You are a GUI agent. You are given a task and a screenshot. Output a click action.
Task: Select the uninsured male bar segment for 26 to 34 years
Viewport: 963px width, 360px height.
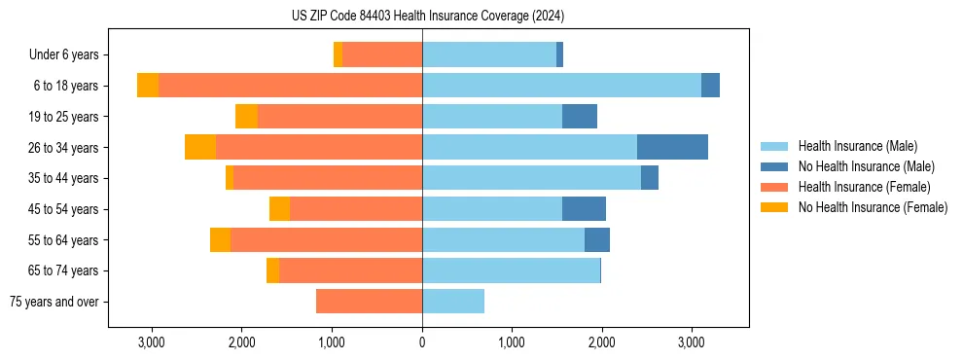(x=672, y=147)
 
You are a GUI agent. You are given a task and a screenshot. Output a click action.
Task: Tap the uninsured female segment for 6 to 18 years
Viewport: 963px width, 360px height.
(x=148, y=86)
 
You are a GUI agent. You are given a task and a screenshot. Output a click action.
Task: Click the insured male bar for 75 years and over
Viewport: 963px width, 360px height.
(x=453, y=302)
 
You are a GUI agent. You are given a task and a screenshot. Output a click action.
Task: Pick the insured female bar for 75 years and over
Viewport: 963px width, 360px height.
(x=369, y=302)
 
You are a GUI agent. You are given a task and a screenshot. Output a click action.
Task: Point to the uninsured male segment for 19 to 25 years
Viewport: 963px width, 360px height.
(x=580, y=117)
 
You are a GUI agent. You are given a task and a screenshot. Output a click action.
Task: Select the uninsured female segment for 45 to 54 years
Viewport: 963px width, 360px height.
(x=279, y=209)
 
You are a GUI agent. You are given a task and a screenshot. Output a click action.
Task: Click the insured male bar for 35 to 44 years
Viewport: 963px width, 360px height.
(x=531, y=178)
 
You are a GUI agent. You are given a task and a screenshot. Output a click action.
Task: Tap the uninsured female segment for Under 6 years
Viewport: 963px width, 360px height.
(x=338, y=54)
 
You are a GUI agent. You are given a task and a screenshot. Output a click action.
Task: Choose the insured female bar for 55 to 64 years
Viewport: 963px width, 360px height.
(x=326, y=239)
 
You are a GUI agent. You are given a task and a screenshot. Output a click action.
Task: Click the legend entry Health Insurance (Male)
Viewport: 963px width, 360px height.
(x=857, y=147)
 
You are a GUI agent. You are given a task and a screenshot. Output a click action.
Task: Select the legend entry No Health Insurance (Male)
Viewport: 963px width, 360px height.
(x=866, y=166)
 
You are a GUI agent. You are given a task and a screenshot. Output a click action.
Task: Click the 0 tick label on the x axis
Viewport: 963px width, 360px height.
(x=422, y=342)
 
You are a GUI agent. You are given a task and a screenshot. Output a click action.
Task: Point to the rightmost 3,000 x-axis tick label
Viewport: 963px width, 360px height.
(x=691, y=342)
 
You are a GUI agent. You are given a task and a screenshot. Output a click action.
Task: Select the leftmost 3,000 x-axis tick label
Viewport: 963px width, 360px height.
(x=152, y=342)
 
